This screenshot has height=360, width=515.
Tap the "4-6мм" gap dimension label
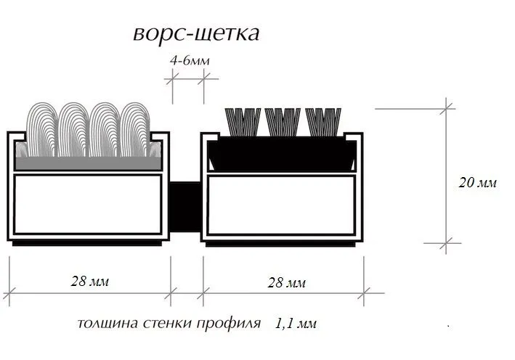[189, 62]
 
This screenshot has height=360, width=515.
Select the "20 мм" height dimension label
[477, 183]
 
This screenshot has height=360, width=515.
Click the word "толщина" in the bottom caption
[102, 323]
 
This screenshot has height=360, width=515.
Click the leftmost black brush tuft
[244, 122]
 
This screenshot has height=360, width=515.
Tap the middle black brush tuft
[283, 122]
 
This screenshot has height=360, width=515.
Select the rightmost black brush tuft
[323, 122]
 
